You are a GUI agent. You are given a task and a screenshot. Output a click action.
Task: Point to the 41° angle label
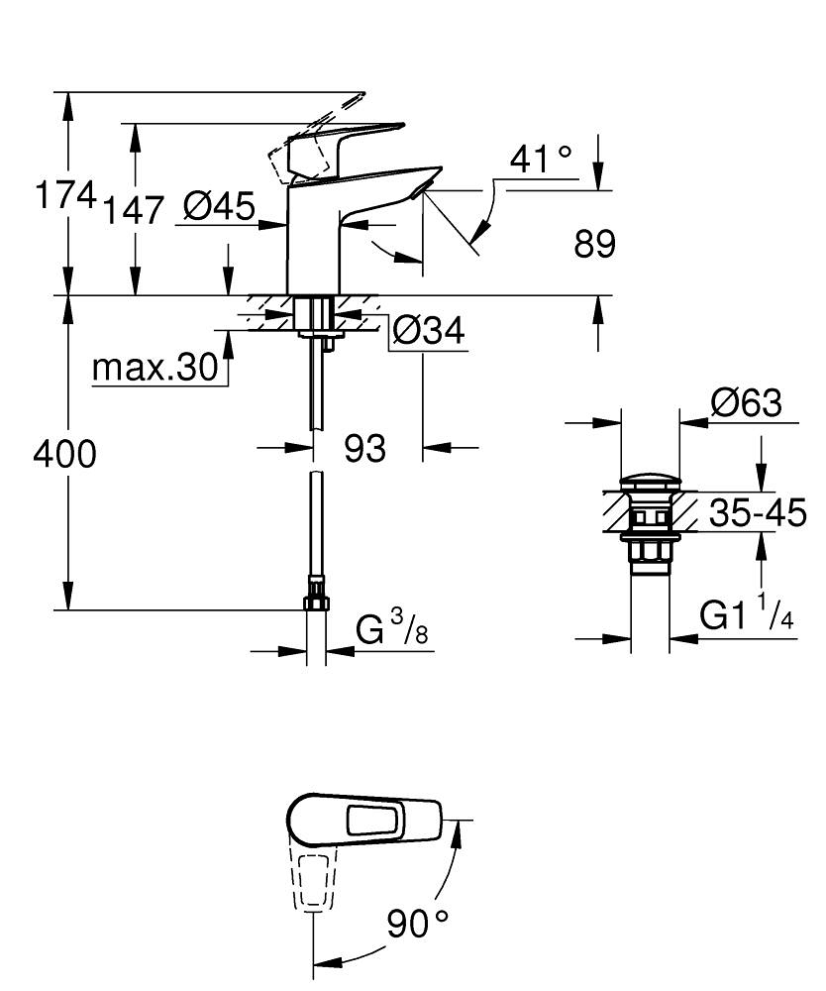coord(541,159)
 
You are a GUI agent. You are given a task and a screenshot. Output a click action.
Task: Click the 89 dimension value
coord(594,244)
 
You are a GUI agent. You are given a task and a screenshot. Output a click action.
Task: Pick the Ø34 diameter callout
coord(428,332)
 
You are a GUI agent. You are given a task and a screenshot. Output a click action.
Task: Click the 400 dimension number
coord(64,455)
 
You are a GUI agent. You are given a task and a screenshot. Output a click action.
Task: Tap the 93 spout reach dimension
coord(364,449)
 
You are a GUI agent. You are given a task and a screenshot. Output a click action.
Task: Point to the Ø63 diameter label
coord(746,403)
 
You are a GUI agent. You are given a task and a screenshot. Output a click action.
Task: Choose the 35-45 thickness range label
coord(758,513)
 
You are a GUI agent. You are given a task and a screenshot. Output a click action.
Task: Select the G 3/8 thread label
coord(392,629)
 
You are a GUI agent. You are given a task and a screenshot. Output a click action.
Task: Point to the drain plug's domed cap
coord(650,486)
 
